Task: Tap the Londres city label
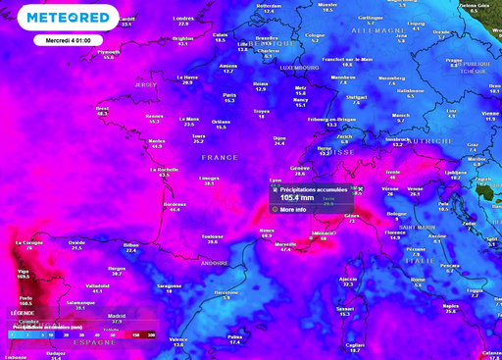tap(183, 18)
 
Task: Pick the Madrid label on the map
tap(116, 315)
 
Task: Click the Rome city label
tap(418, 279)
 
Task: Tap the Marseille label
tap(285, 244)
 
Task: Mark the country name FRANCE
tap(220, 157)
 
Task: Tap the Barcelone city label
tap(226, 291)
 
